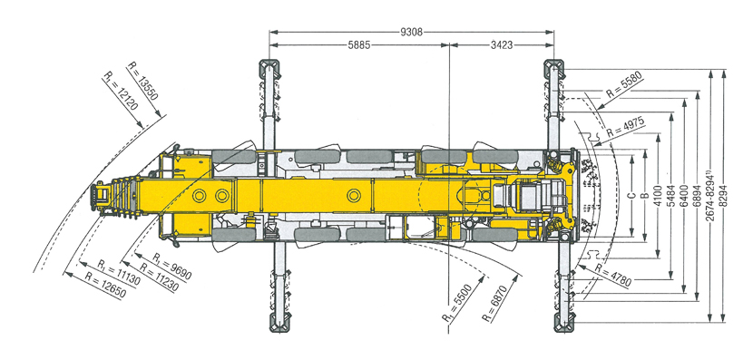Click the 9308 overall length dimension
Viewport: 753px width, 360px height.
pos(412,32)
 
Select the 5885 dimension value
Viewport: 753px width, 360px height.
pos(358,45)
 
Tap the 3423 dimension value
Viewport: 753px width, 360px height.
pos(502,45)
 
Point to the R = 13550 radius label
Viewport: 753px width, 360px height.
pos(142,81)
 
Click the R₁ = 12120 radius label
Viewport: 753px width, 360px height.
pos(120,92)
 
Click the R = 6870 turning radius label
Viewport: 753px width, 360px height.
pos(502,302)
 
